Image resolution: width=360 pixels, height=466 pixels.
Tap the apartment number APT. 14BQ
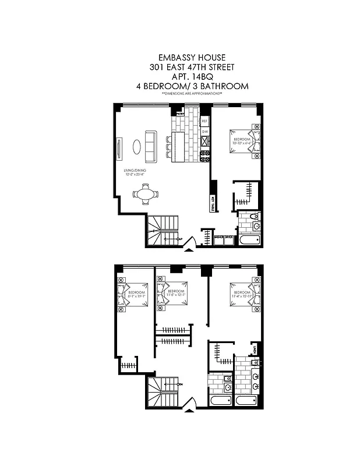coord(192,76)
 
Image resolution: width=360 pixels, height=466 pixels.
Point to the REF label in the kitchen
coord(204,122)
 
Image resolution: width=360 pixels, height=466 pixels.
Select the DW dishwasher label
coord(204,132)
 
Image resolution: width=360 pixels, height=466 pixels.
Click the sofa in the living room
coord(150,147)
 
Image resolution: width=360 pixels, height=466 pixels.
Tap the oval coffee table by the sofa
coord(136,147)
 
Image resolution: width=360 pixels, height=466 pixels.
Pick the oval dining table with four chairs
coord(144,194)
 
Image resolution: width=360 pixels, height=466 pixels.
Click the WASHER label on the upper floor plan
coord(219,238)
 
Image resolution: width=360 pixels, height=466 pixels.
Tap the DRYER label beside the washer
coord(229,238)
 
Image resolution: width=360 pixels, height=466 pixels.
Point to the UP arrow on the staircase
coord(180,239)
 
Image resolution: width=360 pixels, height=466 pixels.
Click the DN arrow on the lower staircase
coord(180,385)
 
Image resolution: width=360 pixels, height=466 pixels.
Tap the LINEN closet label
coord(256,350)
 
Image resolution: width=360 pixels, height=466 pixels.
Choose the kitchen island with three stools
coord(178,147)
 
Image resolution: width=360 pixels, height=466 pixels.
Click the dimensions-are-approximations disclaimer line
coord(192,93)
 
